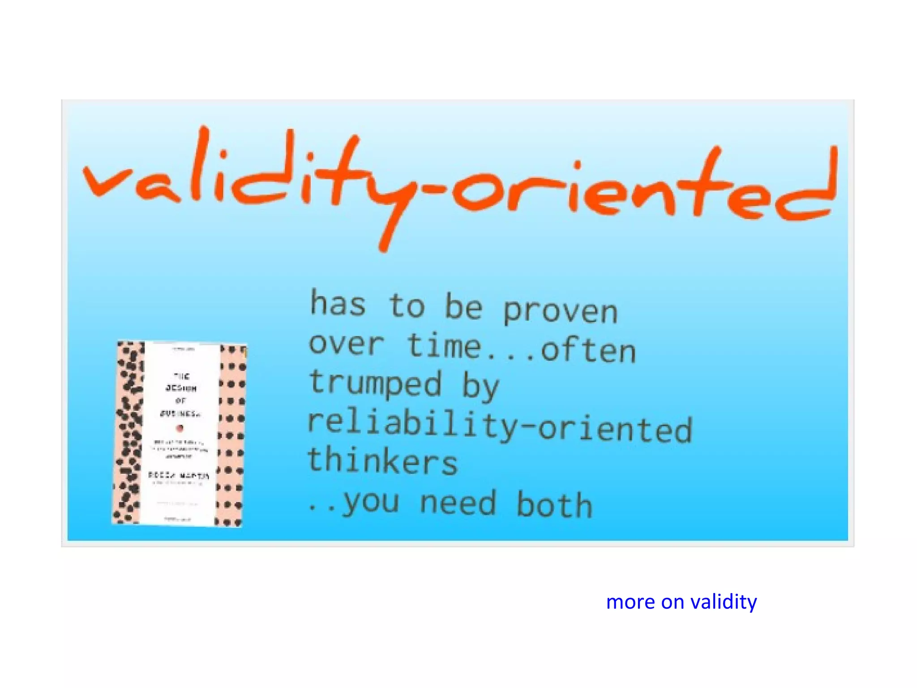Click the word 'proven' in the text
point(560,310)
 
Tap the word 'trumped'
point(375,383)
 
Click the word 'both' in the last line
point(554,504)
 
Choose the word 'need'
point(458,503)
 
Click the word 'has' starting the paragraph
point(338,303)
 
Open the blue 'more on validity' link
point(681,602)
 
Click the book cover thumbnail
point(179,434)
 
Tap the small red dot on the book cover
point(180,428)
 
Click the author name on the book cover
point(179,475)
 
